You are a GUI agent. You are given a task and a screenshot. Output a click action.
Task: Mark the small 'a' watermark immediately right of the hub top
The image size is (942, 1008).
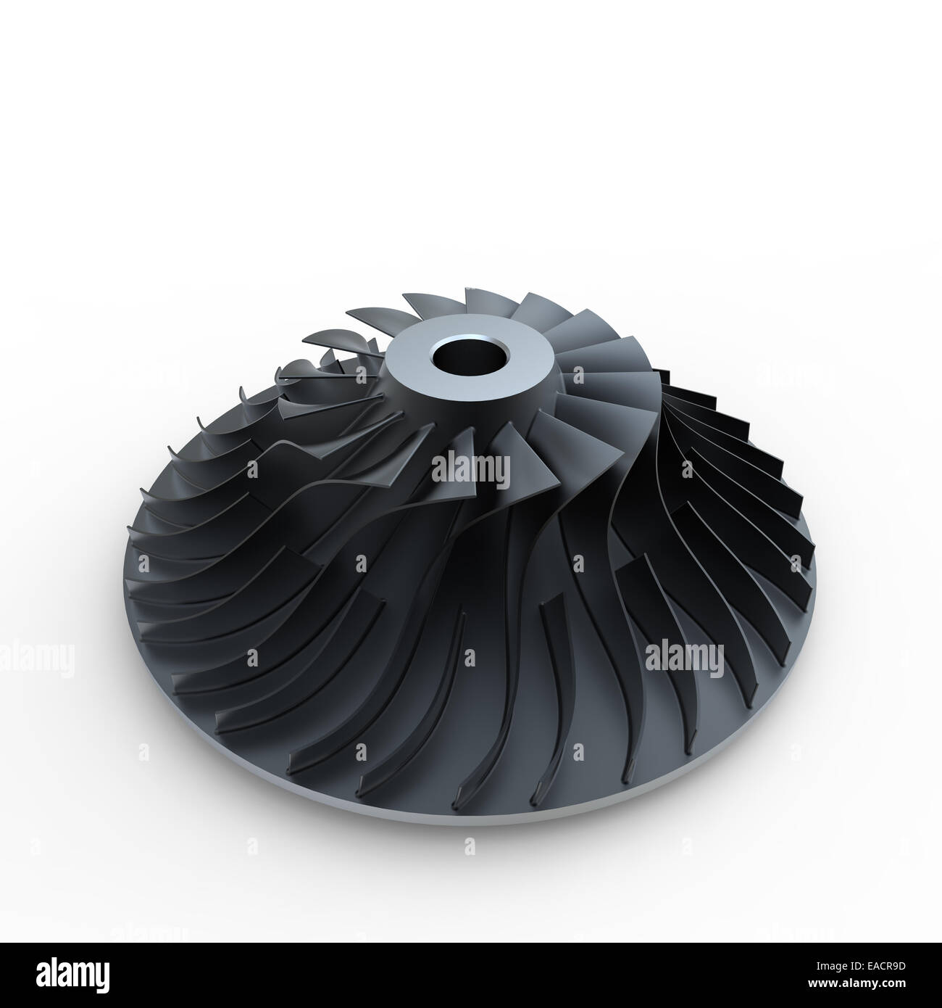pos(578,376)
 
